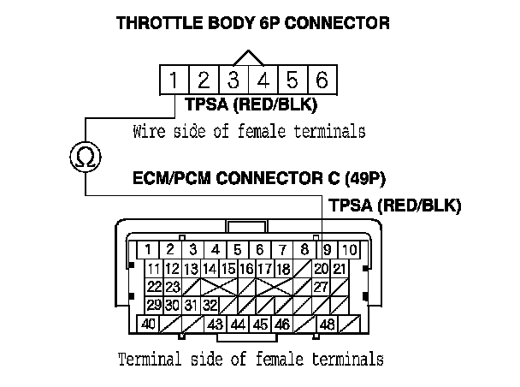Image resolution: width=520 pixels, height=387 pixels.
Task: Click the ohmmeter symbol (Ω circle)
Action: coord(85,157)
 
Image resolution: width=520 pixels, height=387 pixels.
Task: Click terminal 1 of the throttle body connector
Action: coord(174,81)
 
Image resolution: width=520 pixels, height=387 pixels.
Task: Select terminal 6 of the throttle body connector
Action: coord(321,81)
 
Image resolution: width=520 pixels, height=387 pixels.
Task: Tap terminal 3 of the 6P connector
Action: coord(233,81)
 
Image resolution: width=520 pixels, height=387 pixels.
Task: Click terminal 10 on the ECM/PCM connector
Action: coord(349,249)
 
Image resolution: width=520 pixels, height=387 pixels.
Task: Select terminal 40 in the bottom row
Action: coord(149,324)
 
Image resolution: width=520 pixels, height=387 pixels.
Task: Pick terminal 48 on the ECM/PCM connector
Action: coord(326,324)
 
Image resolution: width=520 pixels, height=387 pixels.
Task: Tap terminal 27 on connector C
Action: coord(321,286)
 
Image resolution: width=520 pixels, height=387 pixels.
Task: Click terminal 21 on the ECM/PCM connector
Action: coord(340,268)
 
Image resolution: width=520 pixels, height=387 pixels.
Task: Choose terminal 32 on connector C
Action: coord(210,305)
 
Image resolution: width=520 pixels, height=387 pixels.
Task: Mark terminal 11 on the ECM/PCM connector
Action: coord(154,268)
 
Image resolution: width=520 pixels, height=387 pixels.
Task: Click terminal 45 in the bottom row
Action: coord(260,324)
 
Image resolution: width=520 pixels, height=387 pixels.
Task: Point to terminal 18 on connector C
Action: coord(283,268)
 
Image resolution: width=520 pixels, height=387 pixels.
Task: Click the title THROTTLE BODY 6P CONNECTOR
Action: coord(252,24)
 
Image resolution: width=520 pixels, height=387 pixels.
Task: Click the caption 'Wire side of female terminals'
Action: coord(250,133)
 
